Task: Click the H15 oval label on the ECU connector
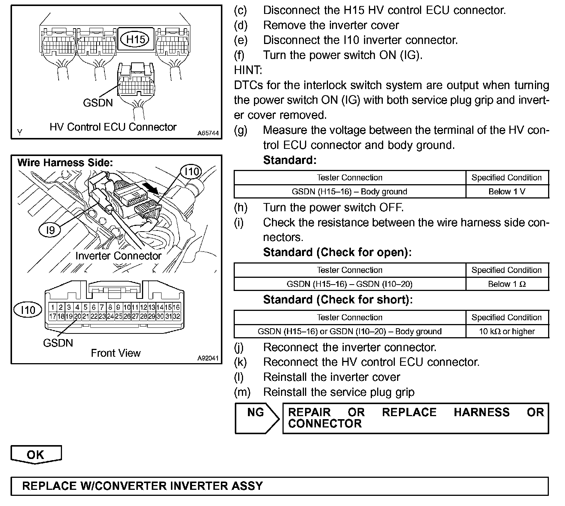coord(135,39)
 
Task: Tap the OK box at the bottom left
coord(36,454)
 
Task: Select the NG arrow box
coord(257,418)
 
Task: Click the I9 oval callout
coord(50,230)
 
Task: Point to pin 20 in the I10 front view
coord(77,317)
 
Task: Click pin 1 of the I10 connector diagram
coord(53,308)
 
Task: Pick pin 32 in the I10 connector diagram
coord(176,317)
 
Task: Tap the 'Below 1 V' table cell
coord(507,191)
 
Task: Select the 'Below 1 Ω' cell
coord(507,284)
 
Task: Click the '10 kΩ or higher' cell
coord(507,331)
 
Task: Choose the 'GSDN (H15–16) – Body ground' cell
coord(349,191)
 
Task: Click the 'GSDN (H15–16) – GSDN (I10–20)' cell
coord(349,284)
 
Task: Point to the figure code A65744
coord(208,133)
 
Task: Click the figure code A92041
coord(208,358)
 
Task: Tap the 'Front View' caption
coord(116,353)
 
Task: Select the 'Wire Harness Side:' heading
coord(65,163)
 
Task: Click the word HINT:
coord(248,70)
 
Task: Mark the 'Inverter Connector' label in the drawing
coord(118,256)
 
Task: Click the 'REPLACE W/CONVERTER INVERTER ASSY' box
coord(279,486)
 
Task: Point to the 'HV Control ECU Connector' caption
coord(113,127)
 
